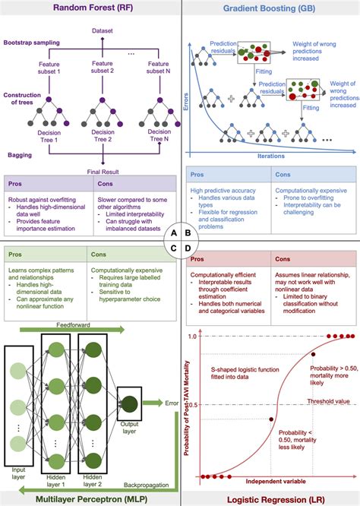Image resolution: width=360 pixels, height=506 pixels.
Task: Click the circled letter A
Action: point(174,232)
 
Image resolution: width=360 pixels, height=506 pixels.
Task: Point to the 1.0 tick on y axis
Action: point(192,337)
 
